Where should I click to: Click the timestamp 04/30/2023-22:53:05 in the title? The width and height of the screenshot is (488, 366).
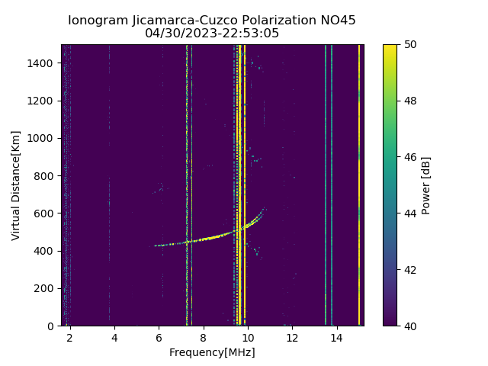[x=212, y=33]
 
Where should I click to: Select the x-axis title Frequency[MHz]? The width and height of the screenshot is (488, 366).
[x=212, y=352]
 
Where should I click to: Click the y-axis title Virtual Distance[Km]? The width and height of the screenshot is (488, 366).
[x=16, y=185]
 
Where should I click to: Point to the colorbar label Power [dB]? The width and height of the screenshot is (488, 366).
[x=426, y=185]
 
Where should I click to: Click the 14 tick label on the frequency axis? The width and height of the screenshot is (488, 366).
[x=336, y=337]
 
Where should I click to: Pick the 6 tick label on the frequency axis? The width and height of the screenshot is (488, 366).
[x=159, y=337]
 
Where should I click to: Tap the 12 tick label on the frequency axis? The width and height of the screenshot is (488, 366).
[x=292, y=337]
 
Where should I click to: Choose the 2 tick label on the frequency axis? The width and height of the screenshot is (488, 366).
[x=69, y=337]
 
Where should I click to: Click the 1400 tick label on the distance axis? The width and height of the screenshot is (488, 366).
[x=42, y=63]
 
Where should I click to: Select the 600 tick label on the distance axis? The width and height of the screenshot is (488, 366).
[x=45, y=213]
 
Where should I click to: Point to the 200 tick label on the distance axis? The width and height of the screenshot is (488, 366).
[x=45, y=288]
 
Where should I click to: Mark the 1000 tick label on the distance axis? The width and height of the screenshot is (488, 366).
[x=42, y=138]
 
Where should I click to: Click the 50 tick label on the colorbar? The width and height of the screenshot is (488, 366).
[x=407, y=44]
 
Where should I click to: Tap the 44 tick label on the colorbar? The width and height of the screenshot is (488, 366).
[x=407, y=213]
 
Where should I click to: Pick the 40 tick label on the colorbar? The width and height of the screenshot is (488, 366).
[x=407, y=326]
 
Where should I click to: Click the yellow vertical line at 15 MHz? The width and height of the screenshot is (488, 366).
[x=359, y=183]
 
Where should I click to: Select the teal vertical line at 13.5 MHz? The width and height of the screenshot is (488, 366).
[x=326, y=183]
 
